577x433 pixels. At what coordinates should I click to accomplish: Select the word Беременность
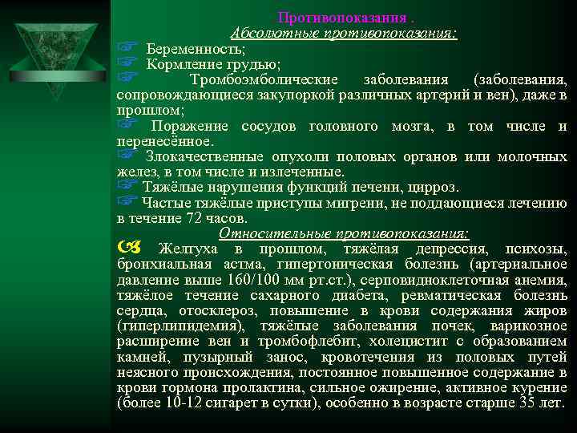[x=185, y=49]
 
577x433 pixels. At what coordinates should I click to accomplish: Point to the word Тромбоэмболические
[x=264, y=79]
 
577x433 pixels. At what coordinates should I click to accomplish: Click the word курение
[x=538, y=386]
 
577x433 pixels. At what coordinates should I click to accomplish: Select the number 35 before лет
[x=527, y=402]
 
